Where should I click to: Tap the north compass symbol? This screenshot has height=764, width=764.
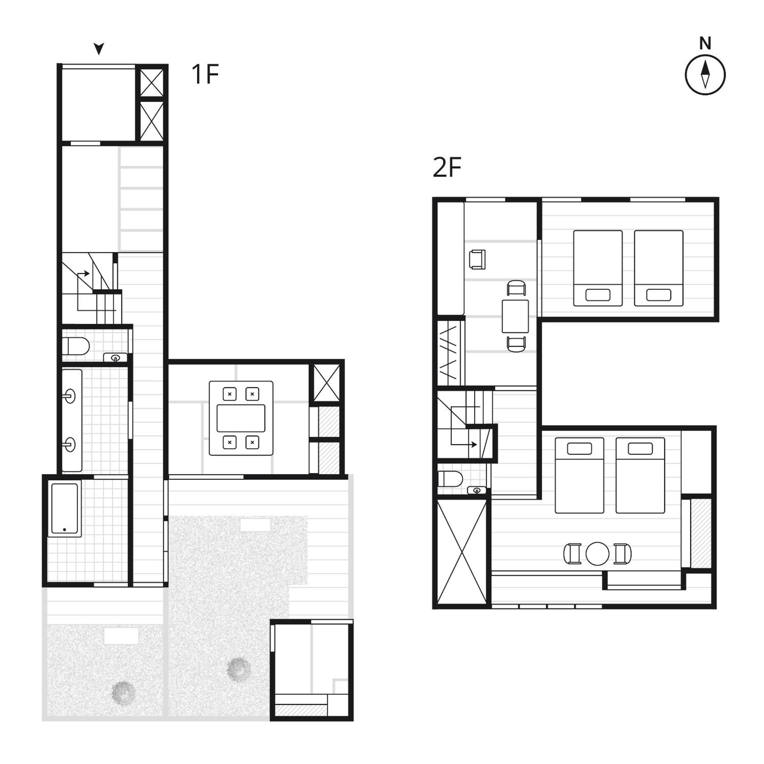(705, 74)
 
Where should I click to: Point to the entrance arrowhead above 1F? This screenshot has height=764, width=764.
(99, 49)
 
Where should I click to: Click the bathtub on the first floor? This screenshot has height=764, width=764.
(65, 510)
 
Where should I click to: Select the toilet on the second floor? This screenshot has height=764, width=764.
(450, 480)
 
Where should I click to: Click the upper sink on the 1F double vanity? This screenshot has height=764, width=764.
(69, 396)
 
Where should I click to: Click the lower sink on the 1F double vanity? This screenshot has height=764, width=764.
(70, 444)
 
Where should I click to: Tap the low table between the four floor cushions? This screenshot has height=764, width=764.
(241, 418)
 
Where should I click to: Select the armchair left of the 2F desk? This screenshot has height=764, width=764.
(477, 260)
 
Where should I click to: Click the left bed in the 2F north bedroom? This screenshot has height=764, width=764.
(597, 268)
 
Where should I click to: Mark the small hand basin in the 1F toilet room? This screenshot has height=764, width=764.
(115, 358)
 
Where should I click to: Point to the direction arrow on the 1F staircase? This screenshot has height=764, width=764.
(84, 274)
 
